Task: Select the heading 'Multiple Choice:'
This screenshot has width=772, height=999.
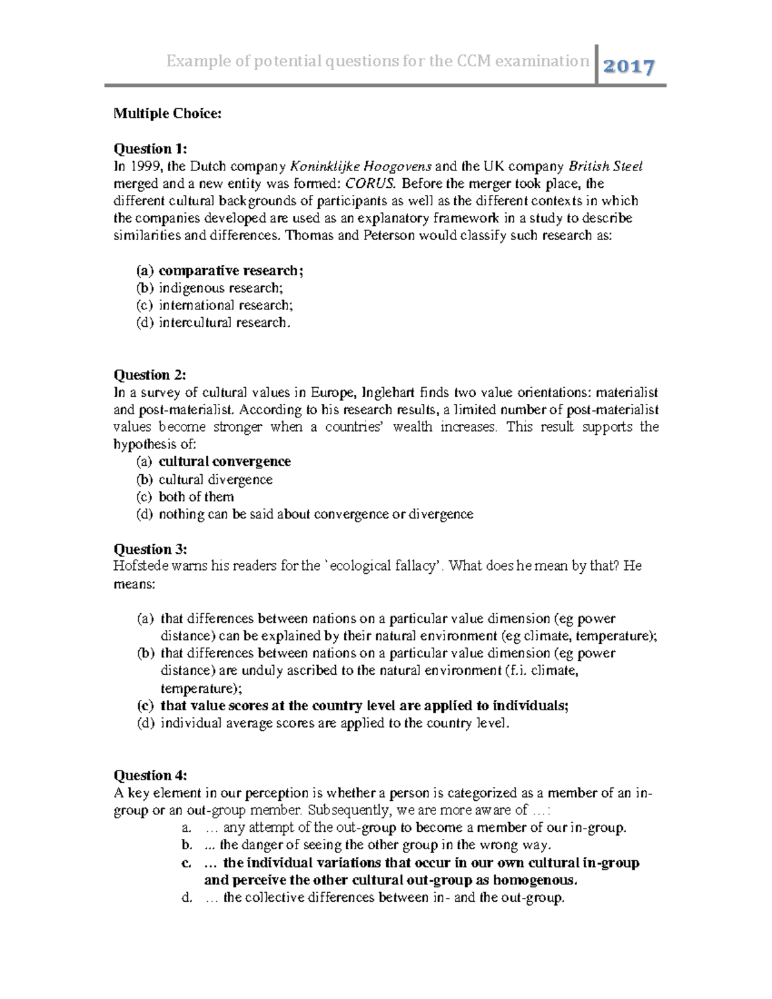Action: (x=167, y=114)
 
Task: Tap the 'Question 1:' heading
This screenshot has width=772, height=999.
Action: (x=150, y=149)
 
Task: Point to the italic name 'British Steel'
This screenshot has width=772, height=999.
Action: (x=605, y=167)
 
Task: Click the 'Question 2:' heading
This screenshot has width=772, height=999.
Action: (x=150, y=374)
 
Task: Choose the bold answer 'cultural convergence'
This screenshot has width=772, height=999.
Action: (x=225, y=461)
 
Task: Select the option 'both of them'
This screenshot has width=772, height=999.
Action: (x=196, y=497)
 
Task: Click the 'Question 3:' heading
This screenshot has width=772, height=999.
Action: (x=150, y=549)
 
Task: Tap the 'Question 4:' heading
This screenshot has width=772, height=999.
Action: (x=150, y=775)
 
